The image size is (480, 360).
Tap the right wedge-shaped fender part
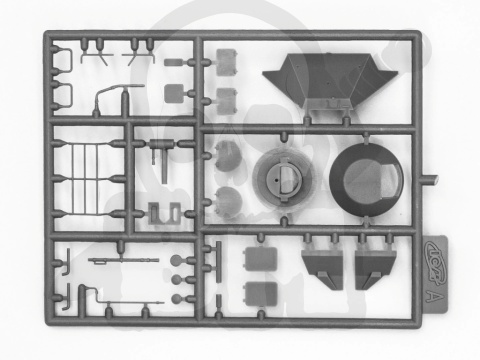375,265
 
